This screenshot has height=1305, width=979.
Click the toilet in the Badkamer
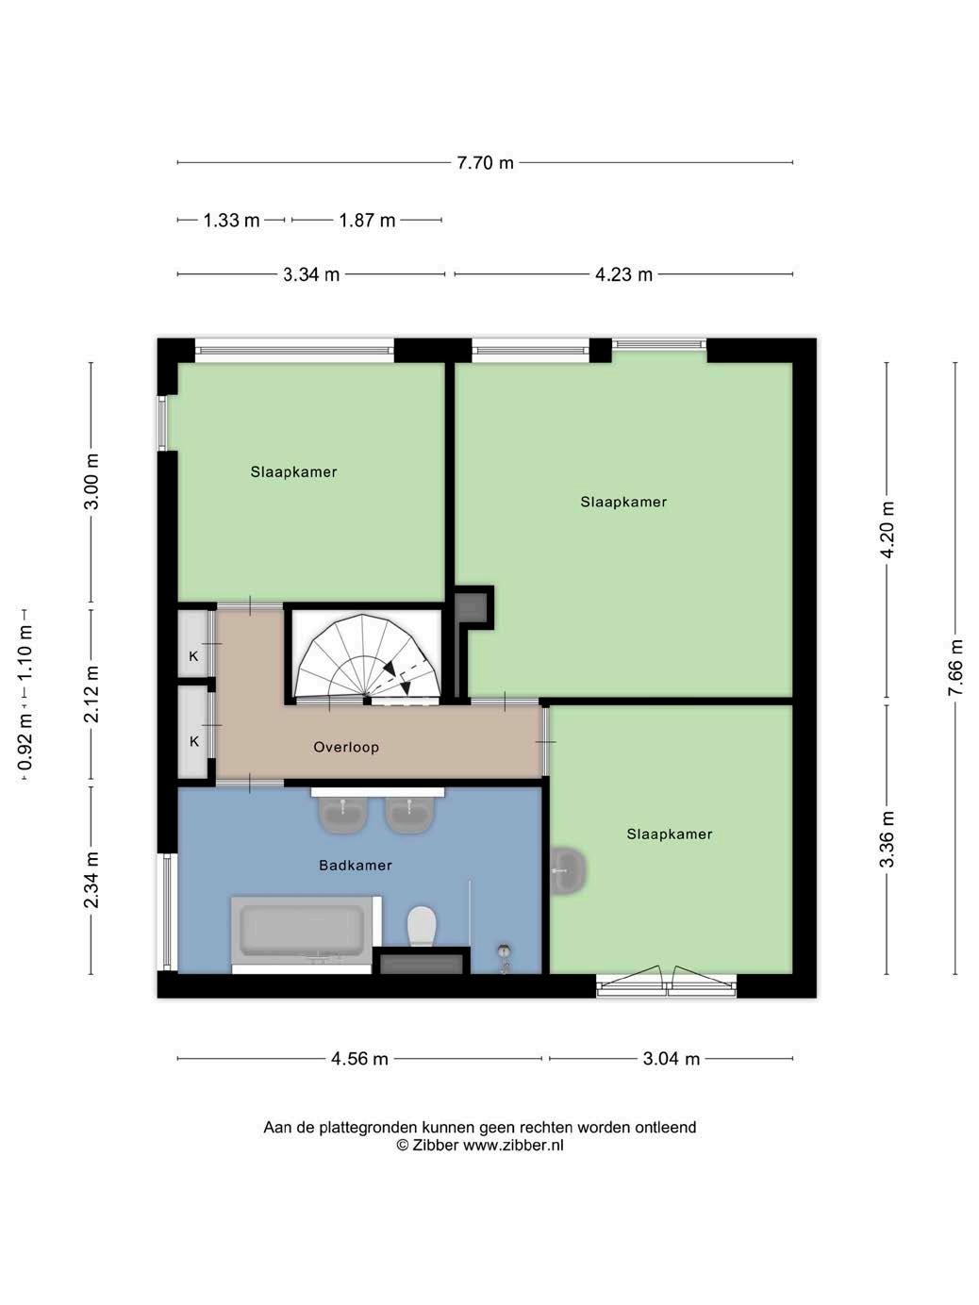click(x=422, y=927)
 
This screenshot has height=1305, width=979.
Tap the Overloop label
click(x=346, y=748)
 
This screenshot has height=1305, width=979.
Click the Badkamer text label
click(x=356, y=865)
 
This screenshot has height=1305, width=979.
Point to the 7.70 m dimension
click(x=485, y=163)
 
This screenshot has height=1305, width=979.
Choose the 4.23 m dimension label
click(x=623, y=274)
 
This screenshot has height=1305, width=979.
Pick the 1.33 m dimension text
click(x=231, y=221)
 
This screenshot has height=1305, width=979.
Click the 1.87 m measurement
click(x=367, y=221)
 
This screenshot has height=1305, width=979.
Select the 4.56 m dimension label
click(x=359, y=1059)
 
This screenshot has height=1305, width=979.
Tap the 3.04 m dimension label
click(x=672, y=1059)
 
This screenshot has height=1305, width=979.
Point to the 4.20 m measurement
click(x=887, y=530)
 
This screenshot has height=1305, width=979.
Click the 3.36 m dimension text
click(x=887, y=839)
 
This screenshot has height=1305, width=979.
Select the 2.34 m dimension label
click(x=91, y=881)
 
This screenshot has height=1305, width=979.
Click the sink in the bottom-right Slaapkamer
click(x=569, y=871)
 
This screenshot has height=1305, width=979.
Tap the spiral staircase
click(x=369, y=655)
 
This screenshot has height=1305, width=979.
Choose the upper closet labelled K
click(x=192, y=644)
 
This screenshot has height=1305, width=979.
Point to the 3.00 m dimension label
click(x=91, y=482)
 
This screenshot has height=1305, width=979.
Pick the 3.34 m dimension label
click(x=311, y=274)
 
